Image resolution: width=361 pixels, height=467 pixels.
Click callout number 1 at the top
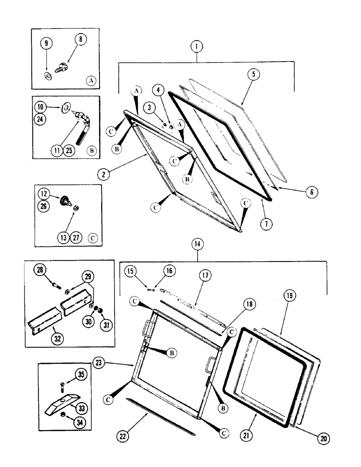197,47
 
